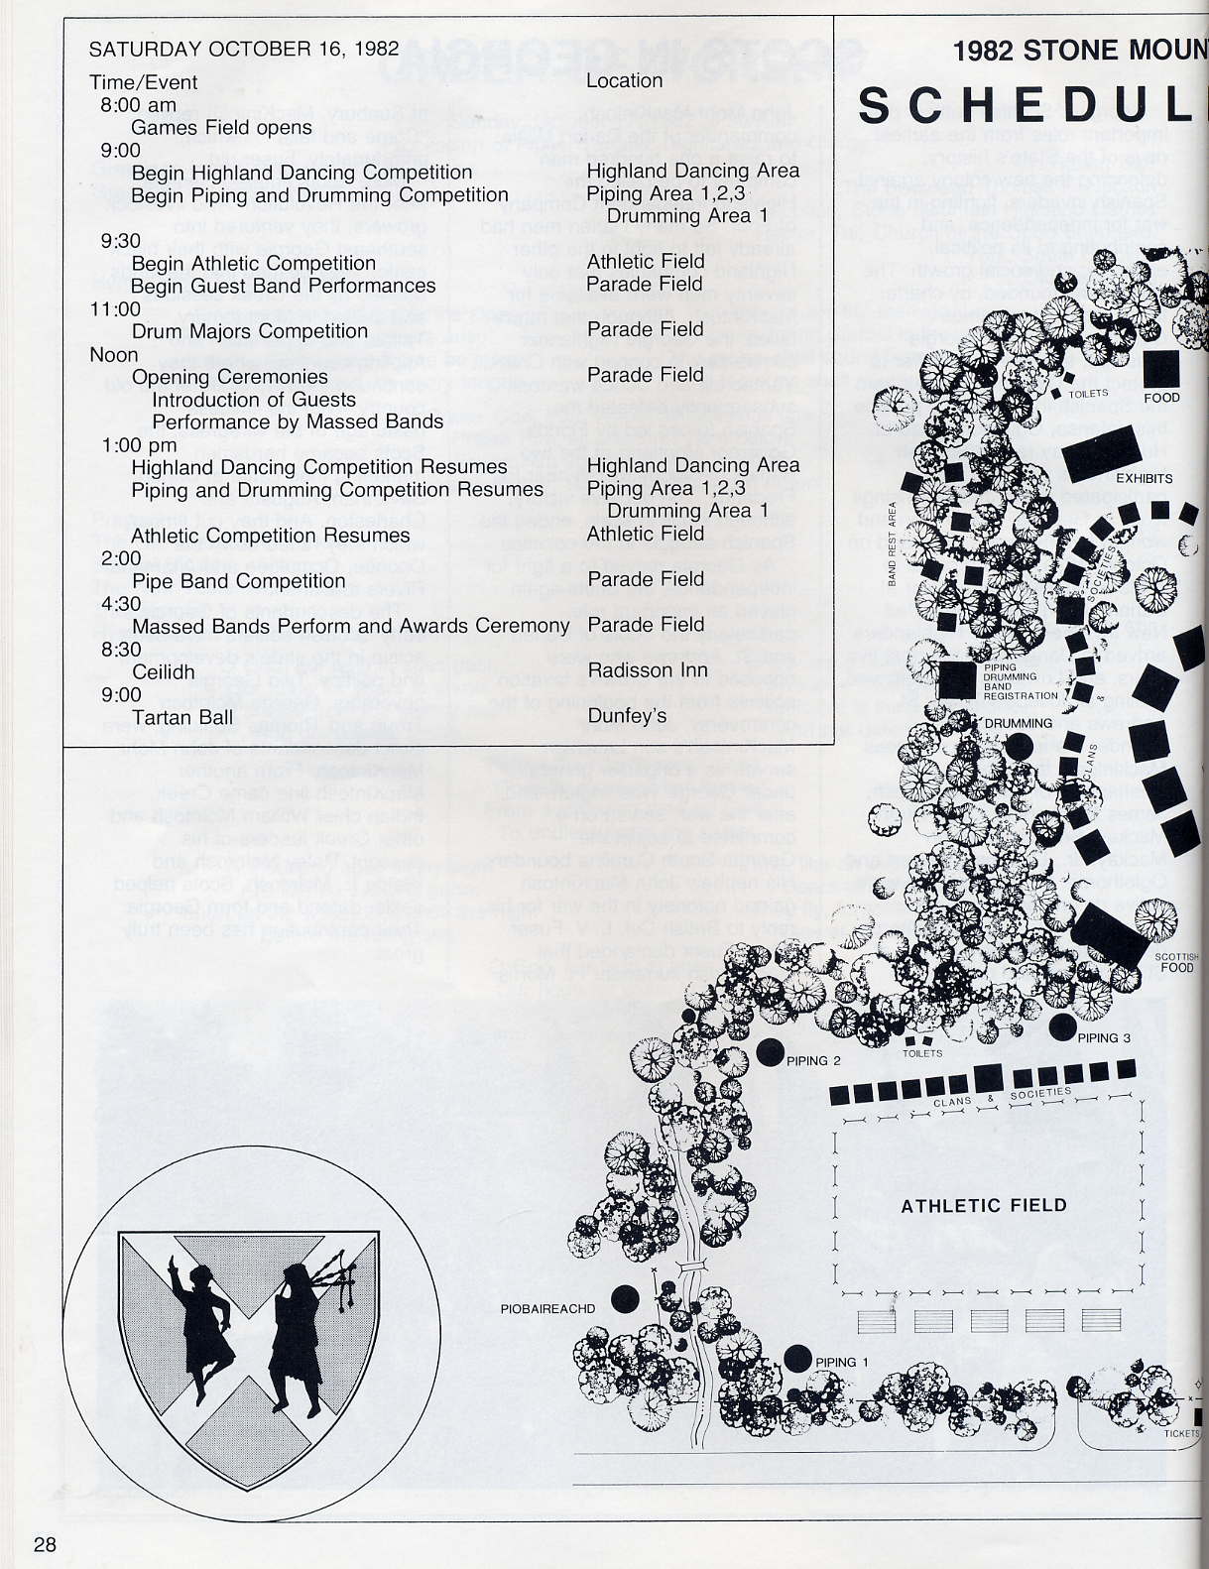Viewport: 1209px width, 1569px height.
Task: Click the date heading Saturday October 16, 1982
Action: [x=244, y=49]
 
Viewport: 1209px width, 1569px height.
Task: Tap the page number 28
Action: [x=45, y=1543]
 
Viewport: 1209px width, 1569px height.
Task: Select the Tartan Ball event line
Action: [x=182, y=717]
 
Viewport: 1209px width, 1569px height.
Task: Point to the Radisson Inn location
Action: [x=648, y=670]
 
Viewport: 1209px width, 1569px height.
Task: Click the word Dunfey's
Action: [x=627, y=716]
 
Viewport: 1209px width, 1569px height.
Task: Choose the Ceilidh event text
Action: [x=164, y=671]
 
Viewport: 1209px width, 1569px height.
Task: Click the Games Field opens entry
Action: [x=221, y=127]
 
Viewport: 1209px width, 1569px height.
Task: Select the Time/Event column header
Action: [x=144, y=82]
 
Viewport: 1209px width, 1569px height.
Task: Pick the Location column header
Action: [x=624, y=81]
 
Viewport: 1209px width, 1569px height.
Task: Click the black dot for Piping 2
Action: [x=770, y=1053]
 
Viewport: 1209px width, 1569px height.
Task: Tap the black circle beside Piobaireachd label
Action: [x=624, y=1297]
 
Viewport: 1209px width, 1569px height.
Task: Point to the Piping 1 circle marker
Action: [x=797, y=1359]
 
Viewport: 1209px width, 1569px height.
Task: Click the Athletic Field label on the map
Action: [x=983, y=1206]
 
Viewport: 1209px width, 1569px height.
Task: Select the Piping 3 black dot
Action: [x=1062, y=1027]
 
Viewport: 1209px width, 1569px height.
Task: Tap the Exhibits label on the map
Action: [x=1144, y=478]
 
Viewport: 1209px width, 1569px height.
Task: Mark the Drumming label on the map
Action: [x=1018, y=723]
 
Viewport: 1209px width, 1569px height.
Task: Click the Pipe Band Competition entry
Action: [x=238, y=581]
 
